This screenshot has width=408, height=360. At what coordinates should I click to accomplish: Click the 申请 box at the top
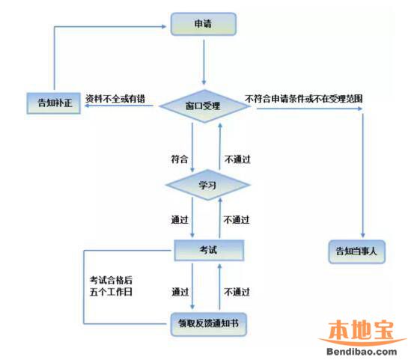204,24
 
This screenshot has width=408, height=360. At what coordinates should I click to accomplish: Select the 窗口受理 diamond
204,106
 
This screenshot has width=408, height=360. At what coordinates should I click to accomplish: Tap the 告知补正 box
54,103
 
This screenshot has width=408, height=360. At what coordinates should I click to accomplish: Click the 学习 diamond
207,185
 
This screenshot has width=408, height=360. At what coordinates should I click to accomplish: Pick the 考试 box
209,250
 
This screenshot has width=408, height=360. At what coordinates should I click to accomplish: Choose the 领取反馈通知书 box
208,324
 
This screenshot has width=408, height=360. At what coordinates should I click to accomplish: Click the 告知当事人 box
357,251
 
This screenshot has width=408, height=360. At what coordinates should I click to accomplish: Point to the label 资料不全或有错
115,99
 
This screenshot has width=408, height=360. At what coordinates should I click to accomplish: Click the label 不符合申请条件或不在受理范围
304,99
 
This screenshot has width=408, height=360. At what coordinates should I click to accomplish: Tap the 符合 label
180,159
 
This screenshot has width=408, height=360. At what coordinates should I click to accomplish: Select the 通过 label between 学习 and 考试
180,220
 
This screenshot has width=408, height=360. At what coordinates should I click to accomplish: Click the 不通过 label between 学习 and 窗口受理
237,159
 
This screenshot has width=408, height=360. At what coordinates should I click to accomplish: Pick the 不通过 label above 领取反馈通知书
237,292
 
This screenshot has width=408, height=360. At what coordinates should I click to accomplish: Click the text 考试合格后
111,280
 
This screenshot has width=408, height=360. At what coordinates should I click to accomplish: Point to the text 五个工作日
111,292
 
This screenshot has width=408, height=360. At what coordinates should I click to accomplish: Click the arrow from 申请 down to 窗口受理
204,62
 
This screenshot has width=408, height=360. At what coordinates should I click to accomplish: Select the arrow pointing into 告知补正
119,106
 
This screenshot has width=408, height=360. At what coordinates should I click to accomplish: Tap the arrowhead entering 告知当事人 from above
363,234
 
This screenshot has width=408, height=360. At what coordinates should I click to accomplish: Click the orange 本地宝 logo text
361,330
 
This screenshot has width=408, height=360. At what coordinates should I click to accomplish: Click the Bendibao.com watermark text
362,352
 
